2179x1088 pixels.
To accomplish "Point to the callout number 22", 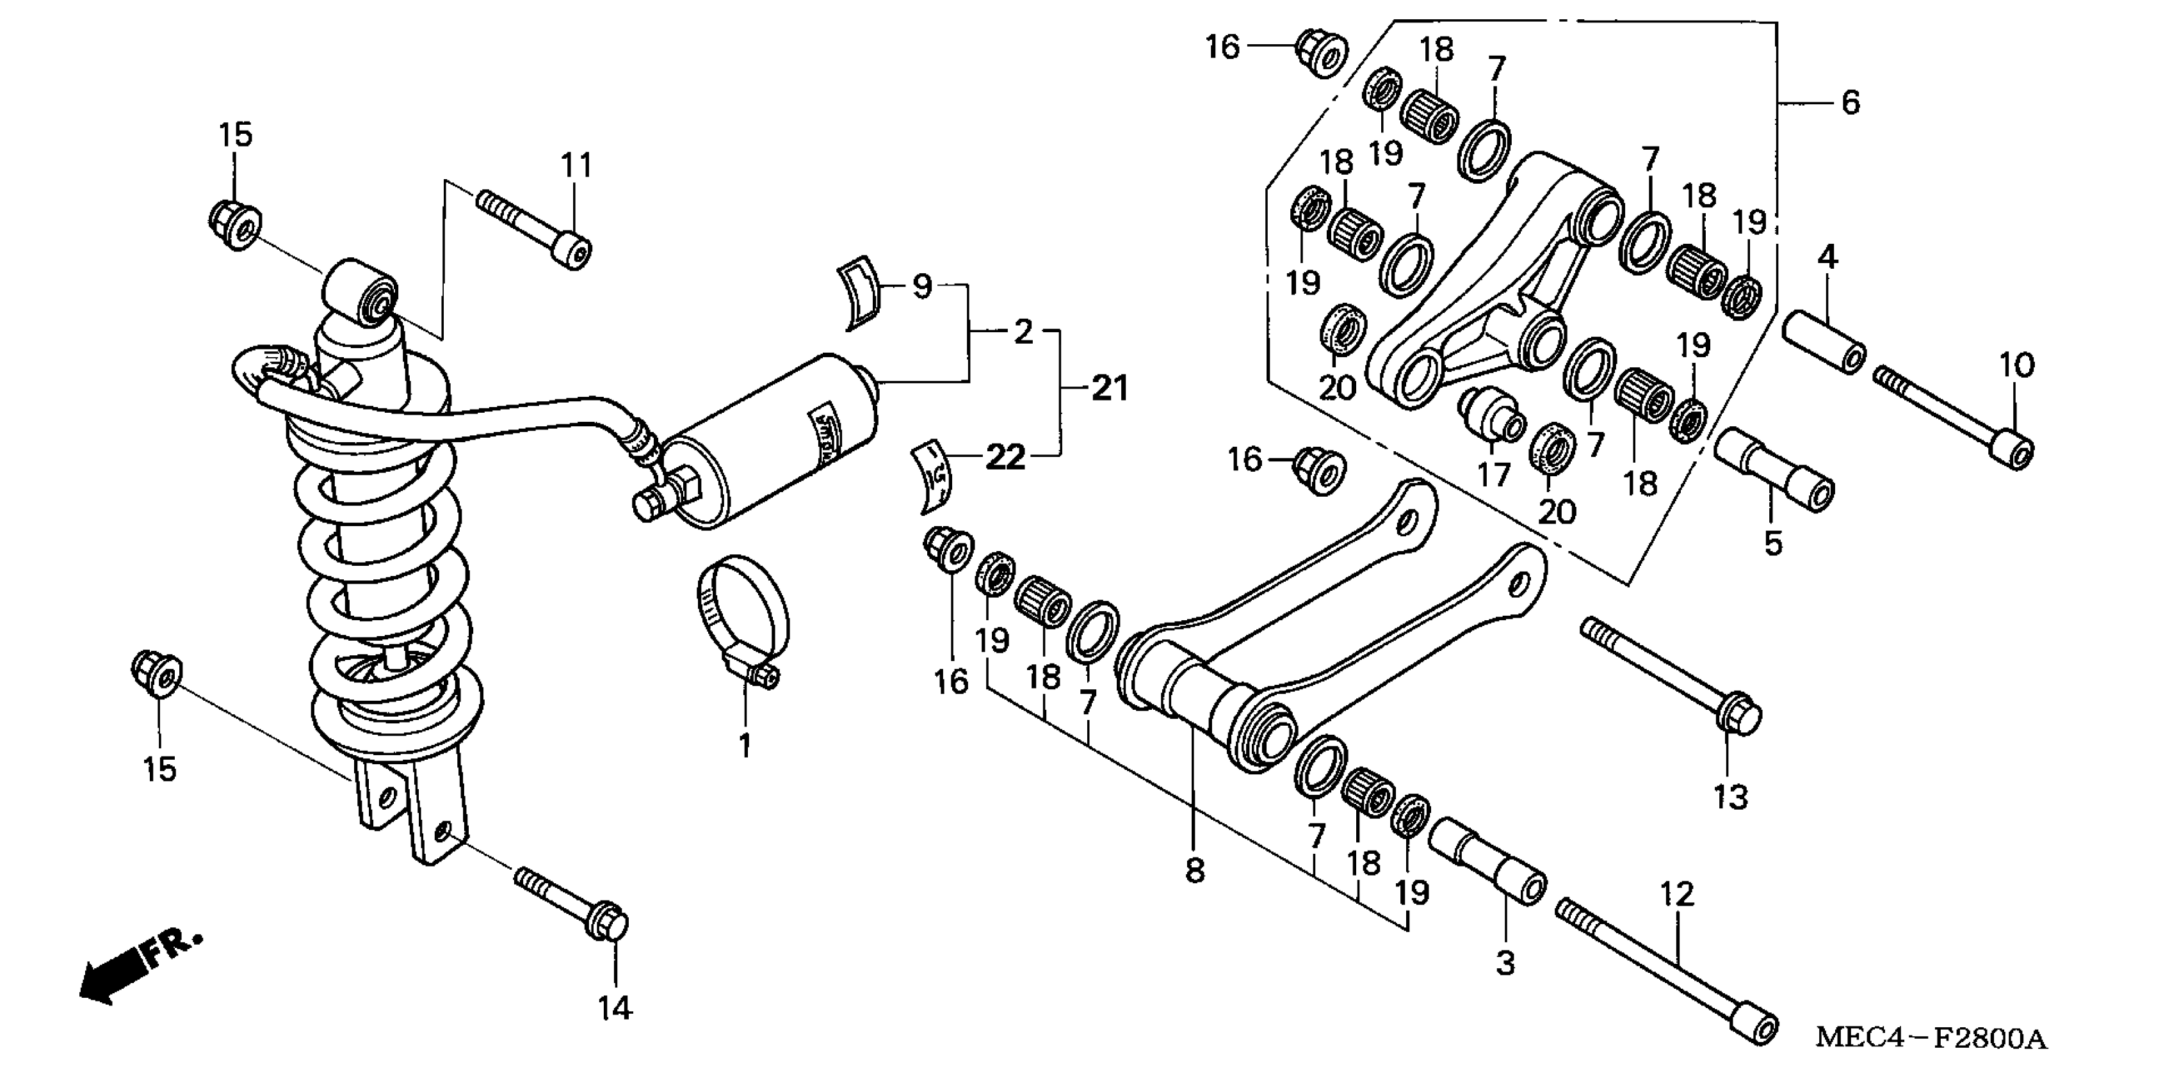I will pyautogui.click(x=1005, y=458).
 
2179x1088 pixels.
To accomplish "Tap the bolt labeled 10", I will pyautogui.click(x=1954, y=414).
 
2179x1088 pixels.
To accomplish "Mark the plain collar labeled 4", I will pyautogui.click(x=1824, y=340).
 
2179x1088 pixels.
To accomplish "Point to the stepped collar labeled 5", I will pyautogui.click(x=1774, y=470).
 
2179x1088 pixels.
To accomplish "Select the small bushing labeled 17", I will pyautogui.click(x=1491, y=413).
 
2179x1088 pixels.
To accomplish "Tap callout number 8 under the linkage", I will pyautogui.click(x=1194, y=869).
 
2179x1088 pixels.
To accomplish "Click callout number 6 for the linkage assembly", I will pyautogui.click(x=1850, y=103).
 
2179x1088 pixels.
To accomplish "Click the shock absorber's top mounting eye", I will pyautogui.click(x=361, y=293).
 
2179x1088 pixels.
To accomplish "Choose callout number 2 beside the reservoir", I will pyautogui.click(x=1023, y=332).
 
